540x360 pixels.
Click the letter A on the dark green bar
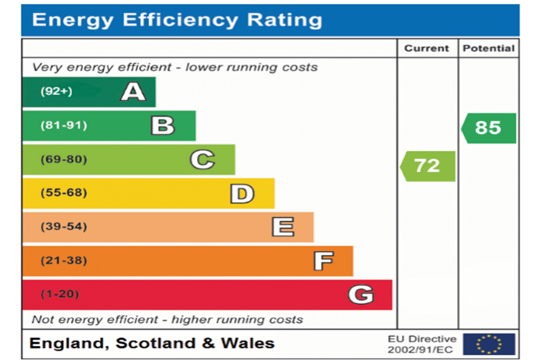tap(133, 92)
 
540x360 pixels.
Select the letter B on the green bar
tap(163, 125)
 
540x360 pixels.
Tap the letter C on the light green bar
tap(202, 159)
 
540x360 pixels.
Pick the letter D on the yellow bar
tap(242, 193)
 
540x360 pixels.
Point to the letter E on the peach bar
tap(283, 227)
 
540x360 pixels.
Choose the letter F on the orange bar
tap(324, 260)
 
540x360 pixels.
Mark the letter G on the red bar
tap(361, 295)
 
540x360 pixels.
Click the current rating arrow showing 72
tap(428, 166)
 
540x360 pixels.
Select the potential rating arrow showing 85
tap(488, 128)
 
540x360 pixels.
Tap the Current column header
tap(427, 48)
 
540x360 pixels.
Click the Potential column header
tap(489, 48)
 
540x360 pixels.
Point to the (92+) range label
tap(56, 91)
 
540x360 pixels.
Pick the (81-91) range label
tap(64, 125)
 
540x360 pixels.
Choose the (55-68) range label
tap(64, 192)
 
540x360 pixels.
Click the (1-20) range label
tap(60, 294)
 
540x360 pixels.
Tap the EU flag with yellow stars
tap(489, 344)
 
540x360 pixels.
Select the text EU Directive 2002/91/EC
tap(422, 344)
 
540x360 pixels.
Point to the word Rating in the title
tap(285, 20)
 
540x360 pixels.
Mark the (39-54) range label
tap(64, 227)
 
